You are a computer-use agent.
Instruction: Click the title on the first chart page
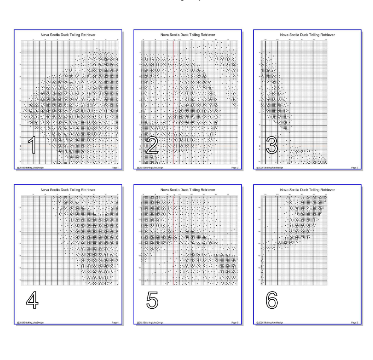(x=68, y=34)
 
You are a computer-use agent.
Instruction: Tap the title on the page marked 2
(x=188, y=34)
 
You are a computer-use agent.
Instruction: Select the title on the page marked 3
(x=307, y=34)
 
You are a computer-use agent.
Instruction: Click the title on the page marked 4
(x=68, y=189)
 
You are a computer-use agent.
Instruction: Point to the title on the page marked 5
(x=188, y=189)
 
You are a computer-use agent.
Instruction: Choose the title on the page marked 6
(x=307, y=189)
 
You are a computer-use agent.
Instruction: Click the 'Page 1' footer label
(x=115, y=168)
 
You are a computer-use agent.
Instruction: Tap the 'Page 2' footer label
(x=235, y=168)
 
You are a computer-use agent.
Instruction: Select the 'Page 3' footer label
(x=354, y=168)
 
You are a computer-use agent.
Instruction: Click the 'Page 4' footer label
(x=115, y=322)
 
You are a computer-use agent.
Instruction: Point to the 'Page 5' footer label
(x=235, y=322)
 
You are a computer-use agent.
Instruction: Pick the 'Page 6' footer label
(x=354, y=322)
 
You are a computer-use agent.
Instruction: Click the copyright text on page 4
(x=30, y=322)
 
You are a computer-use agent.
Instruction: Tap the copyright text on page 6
(x=270, y=322)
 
